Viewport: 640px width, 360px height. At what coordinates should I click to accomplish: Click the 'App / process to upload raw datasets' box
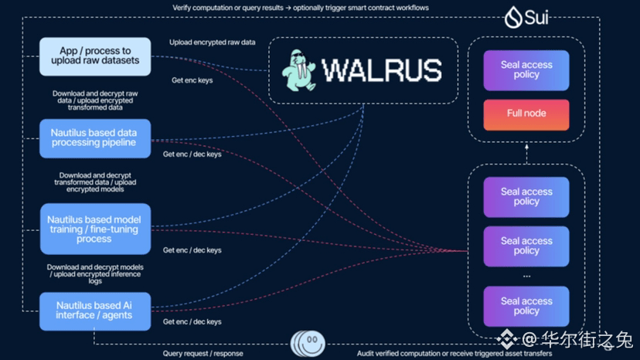(95, 56)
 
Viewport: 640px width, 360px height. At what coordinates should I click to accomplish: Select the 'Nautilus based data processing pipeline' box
(95, 138)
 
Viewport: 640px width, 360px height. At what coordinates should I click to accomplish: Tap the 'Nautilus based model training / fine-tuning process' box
(96, 229)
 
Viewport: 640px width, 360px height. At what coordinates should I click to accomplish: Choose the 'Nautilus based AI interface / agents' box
(95, 311)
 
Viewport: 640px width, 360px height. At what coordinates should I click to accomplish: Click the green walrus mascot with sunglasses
(299, 70)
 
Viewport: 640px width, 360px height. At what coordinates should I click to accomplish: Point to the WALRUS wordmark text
(382, 70)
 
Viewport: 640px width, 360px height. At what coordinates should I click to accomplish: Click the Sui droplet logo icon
(513, 17)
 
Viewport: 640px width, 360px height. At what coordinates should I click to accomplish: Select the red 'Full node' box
(526, 114)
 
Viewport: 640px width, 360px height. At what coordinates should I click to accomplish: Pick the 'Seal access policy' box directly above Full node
(526, 70)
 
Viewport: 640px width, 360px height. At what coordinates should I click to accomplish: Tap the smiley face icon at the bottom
(309, 343)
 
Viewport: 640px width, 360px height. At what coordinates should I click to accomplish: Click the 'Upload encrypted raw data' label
(213, 42)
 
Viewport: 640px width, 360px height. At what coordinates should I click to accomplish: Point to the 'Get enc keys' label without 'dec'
(192, 80)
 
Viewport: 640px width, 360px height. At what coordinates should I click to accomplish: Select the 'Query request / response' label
(203, 354)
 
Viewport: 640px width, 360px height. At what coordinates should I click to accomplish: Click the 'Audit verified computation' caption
(454, 354)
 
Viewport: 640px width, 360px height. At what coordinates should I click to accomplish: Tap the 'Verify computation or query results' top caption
(301, 8)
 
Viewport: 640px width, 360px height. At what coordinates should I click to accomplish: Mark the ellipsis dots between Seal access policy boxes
(526, 277)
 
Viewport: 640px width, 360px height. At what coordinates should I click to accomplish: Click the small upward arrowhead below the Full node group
(526, 146)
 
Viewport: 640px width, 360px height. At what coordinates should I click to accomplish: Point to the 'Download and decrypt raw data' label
(95, 100)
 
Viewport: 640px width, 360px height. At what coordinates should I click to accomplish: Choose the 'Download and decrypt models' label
(95, 274)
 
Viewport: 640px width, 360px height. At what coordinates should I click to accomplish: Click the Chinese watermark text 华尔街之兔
(587, 340)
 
